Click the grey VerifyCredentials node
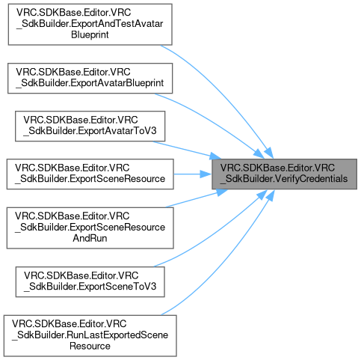(x=284, y=174)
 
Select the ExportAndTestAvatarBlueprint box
(x=90, y=25)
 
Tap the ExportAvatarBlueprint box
(x=90, y=79)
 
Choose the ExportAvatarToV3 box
(x=90, y=126)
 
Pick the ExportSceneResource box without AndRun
(x=90, y=174)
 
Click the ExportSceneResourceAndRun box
(x=90, y=228)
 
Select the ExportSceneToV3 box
(x=90, y=281)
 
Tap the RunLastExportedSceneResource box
(x=90, y=335)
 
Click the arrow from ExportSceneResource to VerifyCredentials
(x=193, y=174)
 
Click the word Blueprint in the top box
(x=90, y=34)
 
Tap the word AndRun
(x=90, y=238)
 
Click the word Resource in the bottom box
(x=90, y=346)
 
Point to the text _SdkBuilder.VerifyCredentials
(x=284, y=179)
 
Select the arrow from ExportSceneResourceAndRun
(x=197, y=198)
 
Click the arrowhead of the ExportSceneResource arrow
(x=206, y=174)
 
